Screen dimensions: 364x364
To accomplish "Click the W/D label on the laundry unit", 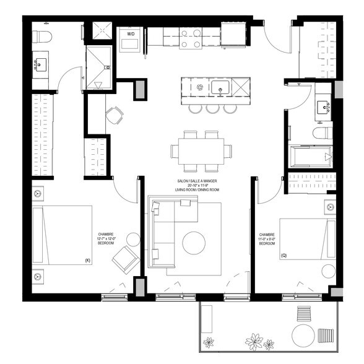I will [131, 33].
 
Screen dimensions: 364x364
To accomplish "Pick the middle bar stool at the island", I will [213, 108].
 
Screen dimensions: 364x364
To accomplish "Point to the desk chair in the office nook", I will [114, 115].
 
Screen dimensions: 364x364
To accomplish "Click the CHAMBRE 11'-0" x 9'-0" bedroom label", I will [267, 239].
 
